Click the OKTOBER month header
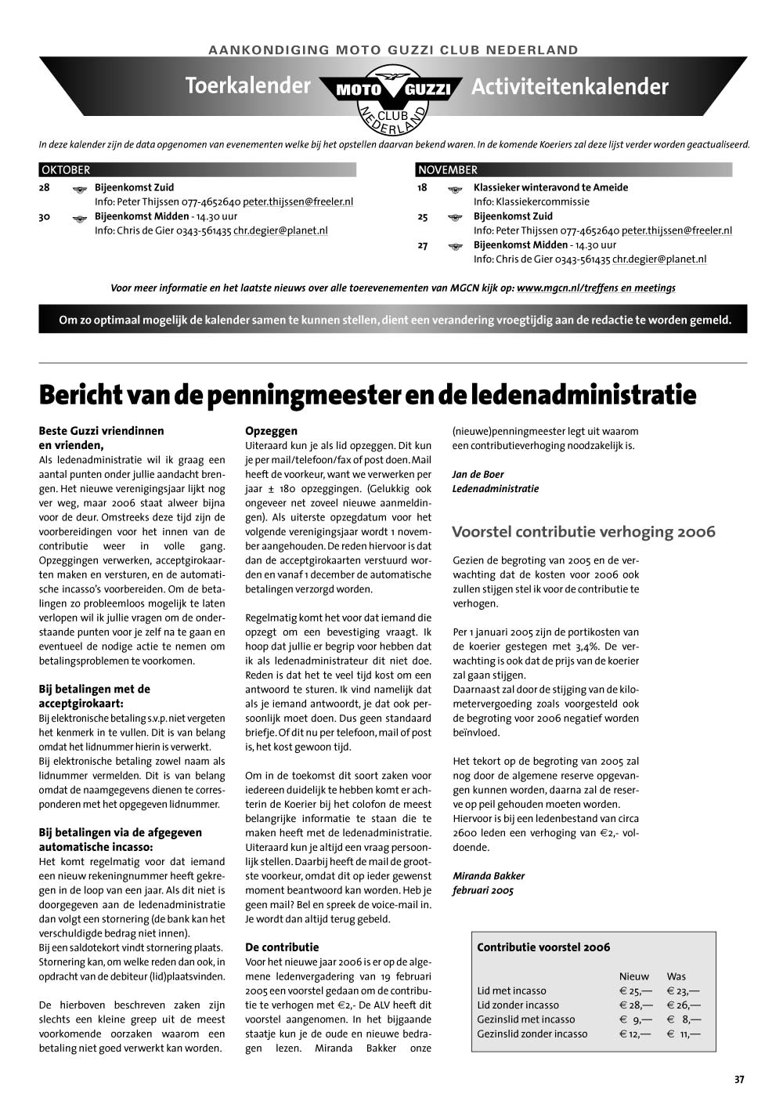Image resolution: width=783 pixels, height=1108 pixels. click(66, 170)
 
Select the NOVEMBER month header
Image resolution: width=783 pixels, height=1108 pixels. click(447, 170)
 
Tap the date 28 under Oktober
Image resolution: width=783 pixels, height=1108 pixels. click(44, 187)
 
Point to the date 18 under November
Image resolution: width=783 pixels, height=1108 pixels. click(423, 187)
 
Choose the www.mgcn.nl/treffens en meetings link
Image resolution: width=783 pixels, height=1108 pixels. click(596, 288)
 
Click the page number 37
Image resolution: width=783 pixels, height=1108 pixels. click(739, 1079)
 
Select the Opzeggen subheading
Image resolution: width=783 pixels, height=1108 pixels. click(271, 430)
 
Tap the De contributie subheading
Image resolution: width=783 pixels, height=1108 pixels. click(282, 947)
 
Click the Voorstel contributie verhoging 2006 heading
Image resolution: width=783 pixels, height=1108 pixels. click(583, 532)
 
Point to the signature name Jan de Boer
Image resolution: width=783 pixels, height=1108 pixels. click(478, 474)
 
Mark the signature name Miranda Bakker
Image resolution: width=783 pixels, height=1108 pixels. click(489, 876)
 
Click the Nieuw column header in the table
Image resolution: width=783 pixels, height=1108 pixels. click(633, 976)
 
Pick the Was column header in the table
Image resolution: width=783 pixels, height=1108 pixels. click(676, 976)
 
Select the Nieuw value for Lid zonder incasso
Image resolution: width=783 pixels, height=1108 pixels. click(635, 1005)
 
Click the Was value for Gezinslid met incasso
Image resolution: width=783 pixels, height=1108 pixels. click(683, 1019)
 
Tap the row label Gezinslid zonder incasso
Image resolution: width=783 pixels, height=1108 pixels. click(532, 1034)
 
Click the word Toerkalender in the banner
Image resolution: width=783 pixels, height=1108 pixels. click(247, 85)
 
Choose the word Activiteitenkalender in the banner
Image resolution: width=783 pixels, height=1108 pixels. click(569, 86)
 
